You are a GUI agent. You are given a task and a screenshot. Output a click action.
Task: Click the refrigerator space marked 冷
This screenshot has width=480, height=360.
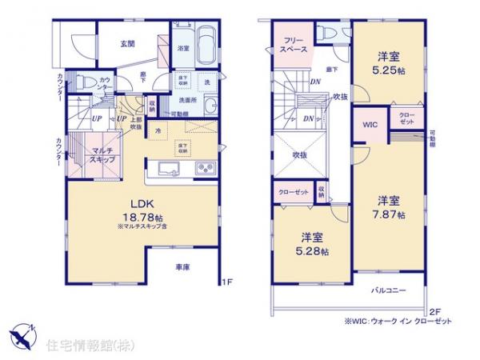click(x=158, y=130)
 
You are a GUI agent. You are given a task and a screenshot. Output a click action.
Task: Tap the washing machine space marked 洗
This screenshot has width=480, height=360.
click(x=206, y=83)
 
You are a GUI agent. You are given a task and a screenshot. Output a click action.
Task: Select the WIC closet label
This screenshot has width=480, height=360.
click(x=369, y=124)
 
